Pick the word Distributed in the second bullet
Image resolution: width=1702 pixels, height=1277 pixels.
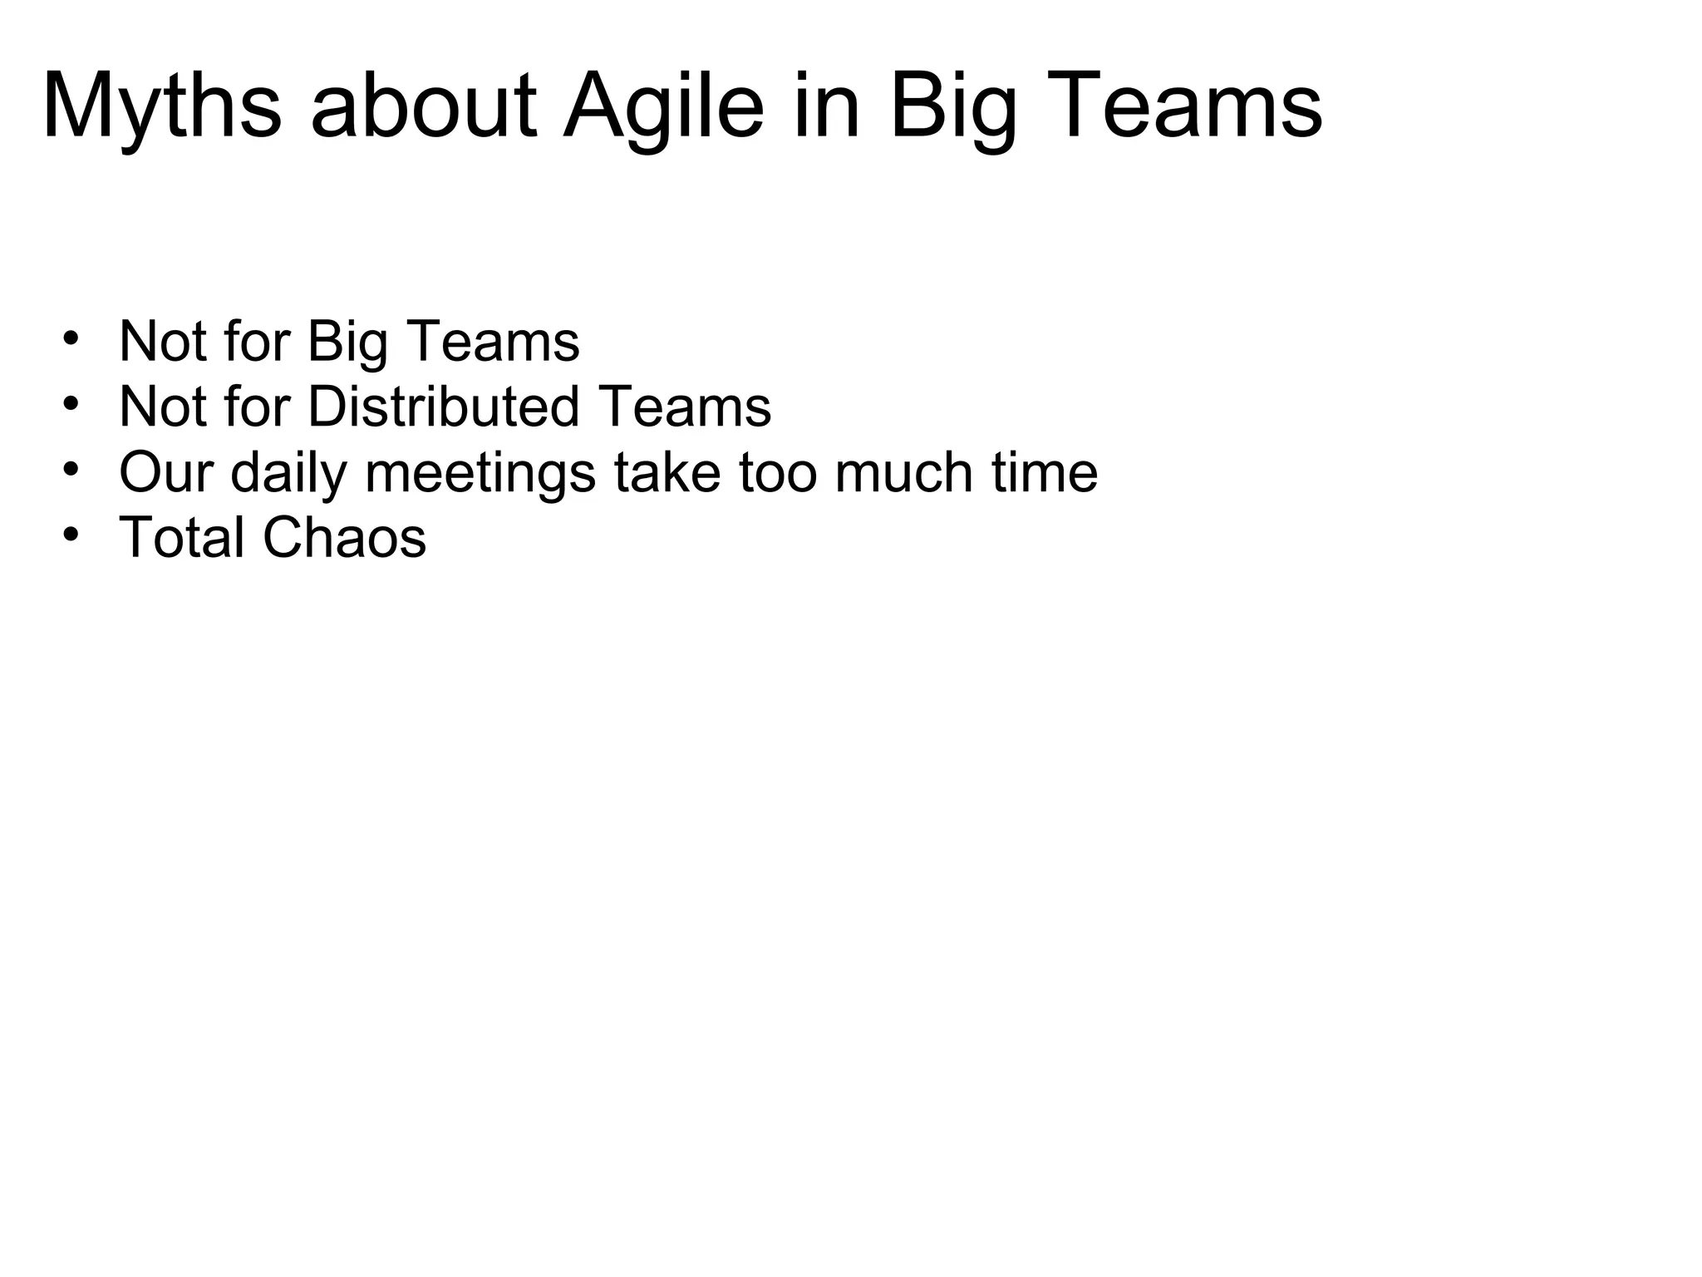coord(444,407)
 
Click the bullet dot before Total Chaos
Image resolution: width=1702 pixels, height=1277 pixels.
coord(71,533)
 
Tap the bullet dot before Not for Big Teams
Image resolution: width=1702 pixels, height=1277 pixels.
coord(71,338)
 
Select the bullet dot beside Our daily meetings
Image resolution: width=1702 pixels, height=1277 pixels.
coord(71,468)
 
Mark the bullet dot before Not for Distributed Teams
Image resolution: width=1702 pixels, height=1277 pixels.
coord(71,403)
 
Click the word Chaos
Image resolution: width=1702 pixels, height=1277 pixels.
coord(344,537)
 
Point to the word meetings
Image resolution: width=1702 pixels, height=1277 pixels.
coord(480,473)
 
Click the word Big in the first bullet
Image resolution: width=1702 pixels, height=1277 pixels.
coord(347,343)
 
